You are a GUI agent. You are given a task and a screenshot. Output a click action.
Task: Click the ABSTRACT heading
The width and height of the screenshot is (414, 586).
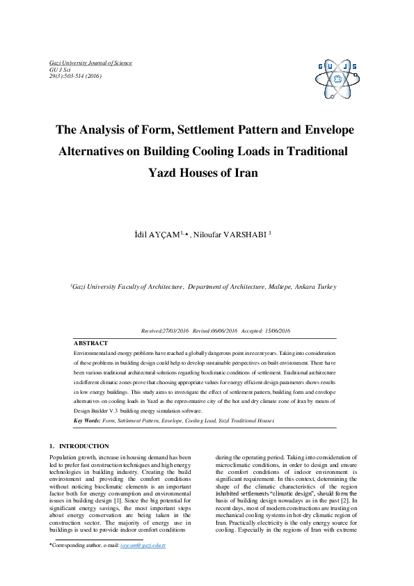coord(90,343)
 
